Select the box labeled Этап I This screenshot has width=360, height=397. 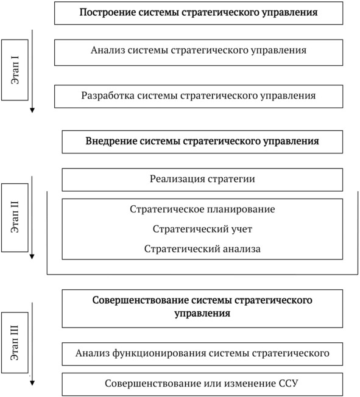15,70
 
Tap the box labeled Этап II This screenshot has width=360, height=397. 15,217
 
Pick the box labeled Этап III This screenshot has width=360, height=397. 15,342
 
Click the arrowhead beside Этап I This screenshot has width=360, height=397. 32,110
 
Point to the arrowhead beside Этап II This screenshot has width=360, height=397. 32,256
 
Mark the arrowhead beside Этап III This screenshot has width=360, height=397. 32,383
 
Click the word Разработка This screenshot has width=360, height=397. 108,96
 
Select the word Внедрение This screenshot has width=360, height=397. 111,141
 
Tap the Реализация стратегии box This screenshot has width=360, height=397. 202,180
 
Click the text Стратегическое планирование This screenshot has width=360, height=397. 202,209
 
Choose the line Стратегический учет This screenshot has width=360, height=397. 202,229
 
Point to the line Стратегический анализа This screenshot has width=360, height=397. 202,249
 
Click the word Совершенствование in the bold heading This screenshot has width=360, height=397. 140,300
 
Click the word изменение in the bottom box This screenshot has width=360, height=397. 250,384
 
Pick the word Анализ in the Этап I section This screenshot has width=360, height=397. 108,50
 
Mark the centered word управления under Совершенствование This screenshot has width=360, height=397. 202,314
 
